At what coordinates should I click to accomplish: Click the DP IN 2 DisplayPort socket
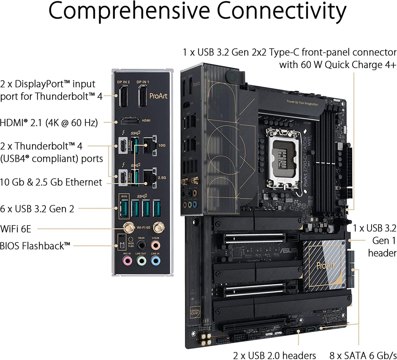click(x=123, y=96)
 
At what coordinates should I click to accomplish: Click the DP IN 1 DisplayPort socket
click(x=143, y=96)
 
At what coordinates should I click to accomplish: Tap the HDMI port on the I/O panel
click(x=130, y=121)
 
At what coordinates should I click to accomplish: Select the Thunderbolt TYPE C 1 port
click(x=123, y=145)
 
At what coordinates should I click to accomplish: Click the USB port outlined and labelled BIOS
click(x=124, y=208)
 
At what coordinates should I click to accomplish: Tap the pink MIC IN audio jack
click(x=127, y=261)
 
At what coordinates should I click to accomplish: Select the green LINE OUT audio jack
click(x=141, y=261)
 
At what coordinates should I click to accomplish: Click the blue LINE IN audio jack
click(x=155, y=261)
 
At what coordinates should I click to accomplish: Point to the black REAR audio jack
click(x=141, y=245)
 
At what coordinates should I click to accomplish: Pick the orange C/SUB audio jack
click(x=155, y=245)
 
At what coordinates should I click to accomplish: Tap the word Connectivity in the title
click(x=281, y=11)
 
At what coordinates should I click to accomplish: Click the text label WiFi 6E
click(x=16, y=229)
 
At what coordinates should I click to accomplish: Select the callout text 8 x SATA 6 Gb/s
click(x=363, y=355)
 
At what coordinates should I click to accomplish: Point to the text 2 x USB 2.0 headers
click(x=274, y=355)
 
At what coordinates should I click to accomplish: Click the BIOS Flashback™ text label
click(x=35, y=246)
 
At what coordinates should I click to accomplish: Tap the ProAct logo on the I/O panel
click(x=158, y=96)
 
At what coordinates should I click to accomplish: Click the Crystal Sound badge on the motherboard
click(x=195, y=312)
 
